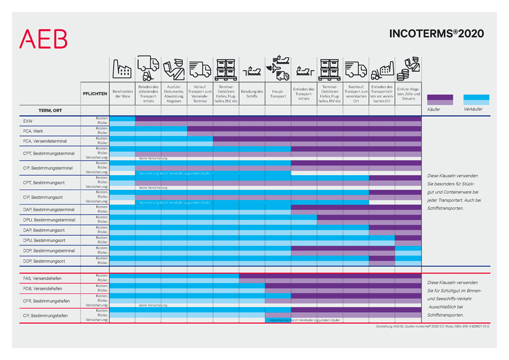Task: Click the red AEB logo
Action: pyautogui.click(x=43, y=39)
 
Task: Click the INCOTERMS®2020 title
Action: pyautogui.click(x=436, y=34)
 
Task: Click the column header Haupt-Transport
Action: pyautogui.click(x=278, y=94)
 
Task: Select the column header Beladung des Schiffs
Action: pyautogui.click(x=251, y=94)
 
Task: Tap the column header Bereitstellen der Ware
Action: pyautogui.click(x=122, y=94)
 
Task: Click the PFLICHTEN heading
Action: pyautogui.click(x=95, y=94)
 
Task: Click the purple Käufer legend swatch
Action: pyautogui.click(x=440, y=99)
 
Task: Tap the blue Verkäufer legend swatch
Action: pyautogui.click(x=476, y=99)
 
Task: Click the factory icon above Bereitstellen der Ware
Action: pyautogui.click(x=122, y=69)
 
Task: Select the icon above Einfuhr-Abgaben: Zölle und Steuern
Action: pyautogui.click(x=408, y=69)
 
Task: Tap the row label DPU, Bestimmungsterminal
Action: pyautogui.click(x=49, y=220)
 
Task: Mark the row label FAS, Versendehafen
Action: pyautogui.click(x=41, y=279)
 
